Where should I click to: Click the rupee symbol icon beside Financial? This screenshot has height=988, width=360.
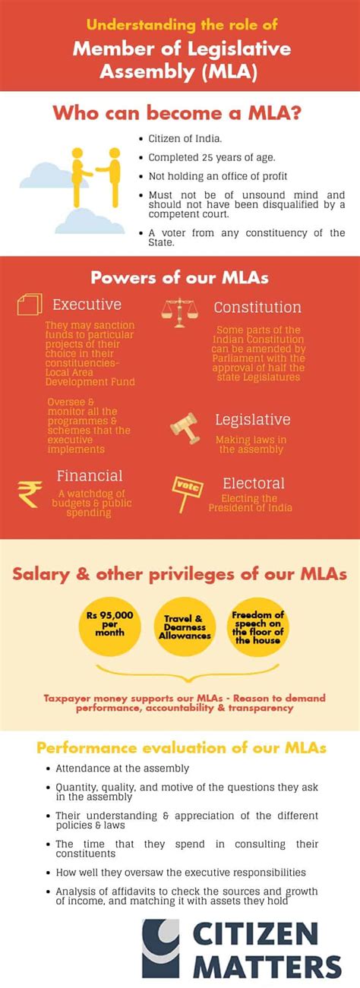click(x=30, y=494)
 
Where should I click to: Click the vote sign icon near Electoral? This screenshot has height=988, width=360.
click(x=187, y=491)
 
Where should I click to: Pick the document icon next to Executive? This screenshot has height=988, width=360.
click(x=28, y=305)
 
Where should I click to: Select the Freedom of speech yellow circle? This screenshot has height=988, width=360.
click(x=257, y=626)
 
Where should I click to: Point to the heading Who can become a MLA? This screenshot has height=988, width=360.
click(x=180, y=114)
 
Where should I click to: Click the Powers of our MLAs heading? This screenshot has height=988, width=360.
click(x=180, y=277)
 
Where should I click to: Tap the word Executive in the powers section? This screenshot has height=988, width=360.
click(x=87, y=305)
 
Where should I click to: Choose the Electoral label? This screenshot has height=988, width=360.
click(x=254, y=483)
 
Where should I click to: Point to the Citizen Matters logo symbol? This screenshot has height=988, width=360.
click(x=161, y=948)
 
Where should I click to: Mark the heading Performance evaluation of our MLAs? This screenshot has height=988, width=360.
click(x=182, y=748)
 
